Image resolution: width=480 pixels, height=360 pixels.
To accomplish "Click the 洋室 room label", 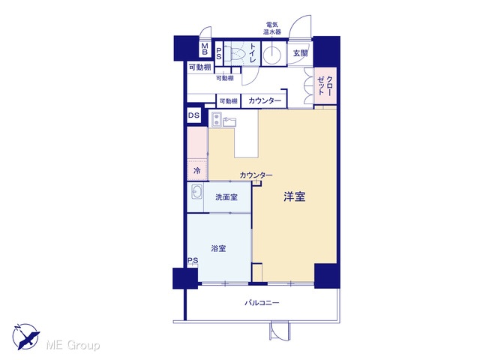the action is [x=295, y=196].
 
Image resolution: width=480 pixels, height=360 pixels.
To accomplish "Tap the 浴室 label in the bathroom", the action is [x=218, y=248].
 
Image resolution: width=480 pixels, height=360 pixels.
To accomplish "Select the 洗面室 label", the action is [x=226, y=197].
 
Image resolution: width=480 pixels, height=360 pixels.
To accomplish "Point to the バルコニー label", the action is [x=262, y=303].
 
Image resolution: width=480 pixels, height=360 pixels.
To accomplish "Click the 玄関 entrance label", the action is [x=300, y=53].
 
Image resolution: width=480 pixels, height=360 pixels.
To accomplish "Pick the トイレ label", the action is [x=253, y=53].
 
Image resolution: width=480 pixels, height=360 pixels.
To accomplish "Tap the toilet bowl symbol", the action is [x=235, y=54].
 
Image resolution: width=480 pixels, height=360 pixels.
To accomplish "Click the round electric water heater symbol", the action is [x=272, y=54].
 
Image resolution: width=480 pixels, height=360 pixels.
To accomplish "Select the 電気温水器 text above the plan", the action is [x=272, y=28].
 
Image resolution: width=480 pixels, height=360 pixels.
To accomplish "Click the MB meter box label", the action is [x=205, y=49].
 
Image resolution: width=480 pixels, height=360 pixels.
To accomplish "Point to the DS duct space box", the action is [x=193, y=115].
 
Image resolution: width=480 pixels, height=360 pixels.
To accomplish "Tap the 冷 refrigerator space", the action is [x=197, y=170].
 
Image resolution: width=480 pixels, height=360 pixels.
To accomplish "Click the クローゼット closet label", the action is [x=325, y=85].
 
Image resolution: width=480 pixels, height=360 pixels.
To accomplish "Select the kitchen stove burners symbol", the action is [x=217, y=119].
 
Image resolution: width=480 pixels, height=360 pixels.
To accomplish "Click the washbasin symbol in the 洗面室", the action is [x=196, y=193].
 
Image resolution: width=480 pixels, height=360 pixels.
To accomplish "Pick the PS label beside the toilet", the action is [x=219, y=53].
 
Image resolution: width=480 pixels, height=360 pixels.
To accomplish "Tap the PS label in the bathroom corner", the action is [x=193, y=260].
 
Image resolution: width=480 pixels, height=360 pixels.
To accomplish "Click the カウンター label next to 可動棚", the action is [x=265, y=100].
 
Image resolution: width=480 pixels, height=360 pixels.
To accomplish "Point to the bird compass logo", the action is [x=25, y=336].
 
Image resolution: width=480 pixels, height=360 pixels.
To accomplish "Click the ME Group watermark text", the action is [x=73, y=345].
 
